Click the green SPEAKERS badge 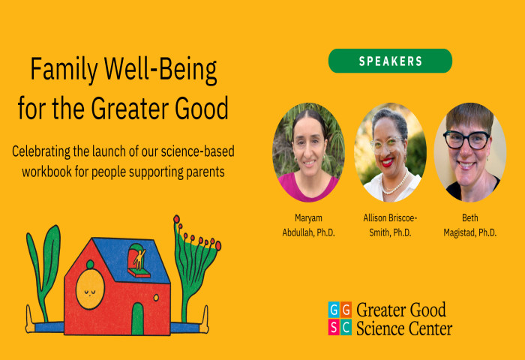(390, 61)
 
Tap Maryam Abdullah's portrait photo (308, 152)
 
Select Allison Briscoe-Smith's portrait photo (390, 152)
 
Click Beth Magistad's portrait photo (470, 152)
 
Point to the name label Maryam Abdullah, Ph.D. (308, 225)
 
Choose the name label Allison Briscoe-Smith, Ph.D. (390, 225)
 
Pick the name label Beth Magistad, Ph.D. (470, 225)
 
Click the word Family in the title (64, 70)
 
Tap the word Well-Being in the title (160, 70)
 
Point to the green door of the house (137, 319)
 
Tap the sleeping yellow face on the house (90, 289)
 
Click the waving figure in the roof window (139, 259)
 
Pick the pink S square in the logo (334, 327)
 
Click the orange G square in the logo (346, 310)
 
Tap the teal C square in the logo (346, 327)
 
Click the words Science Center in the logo (404, 328)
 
